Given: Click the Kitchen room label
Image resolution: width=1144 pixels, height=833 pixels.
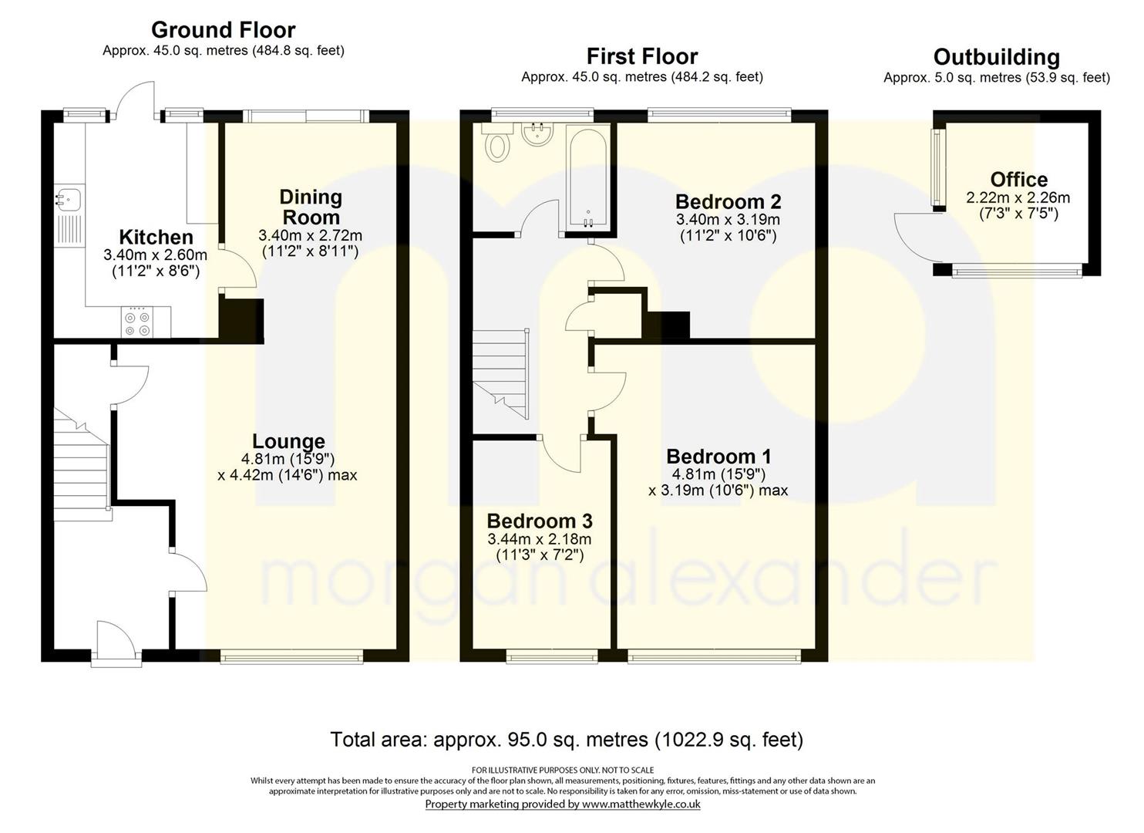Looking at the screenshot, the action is pyautogui.click(x=156, y=237).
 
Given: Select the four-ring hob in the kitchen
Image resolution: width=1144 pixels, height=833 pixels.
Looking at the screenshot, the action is pyautogui.click(x=138, y=322).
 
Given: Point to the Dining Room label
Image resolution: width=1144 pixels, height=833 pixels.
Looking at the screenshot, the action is pyautogui.click(x=311, y=207).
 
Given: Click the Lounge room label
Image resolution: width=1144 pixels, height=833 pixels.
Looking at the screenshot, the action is pyautogui.click(x=288, y=441).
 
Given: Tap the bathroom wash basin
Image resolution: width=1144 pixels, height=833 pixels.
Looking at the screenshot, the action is pyautogui.click(x=537, y=134).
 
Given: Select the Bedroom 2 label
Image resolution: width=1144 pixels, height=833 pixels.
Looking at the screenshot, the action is pyautogui.click(x=728, y=202).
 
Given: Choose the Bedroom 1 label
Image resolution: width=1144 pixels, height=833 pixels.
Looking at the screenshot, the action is pyautogui.click(x=718, y=456).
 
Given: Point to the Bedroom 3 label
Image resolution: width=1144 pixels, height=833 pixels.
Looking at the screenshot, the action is pyautogui.click(x=540, y=521).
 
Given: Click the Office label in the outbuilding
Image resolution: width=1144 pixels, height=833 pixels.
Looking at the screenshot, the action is pyautogui.click(x=1019, y=180).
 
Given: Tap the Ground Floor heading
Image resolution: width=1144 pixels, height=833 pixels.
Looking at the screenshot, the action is pyautogui.click(x=224, y=29).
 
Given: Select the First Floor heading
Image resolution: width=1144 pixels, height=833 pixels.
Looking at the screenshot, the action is pyautogui.click(x=642, y=56).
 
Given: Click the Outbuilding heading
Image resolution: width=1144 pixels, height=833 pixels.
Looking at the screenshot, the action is pyautogui.click(x=997, y=57).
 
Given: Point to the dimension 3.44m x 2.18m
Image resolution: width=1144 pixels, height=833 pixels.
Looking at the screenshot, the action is pyautogui.click(x=540, y=538).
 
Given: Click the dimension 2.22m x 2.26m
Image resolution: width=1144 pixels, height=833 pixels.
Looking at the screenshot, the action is pyautogui.click(x=1018, y=197).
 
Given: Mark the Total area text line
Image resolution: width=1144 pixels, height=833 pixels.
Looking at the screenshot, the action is pyautogui.click(x=567, y=740).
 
